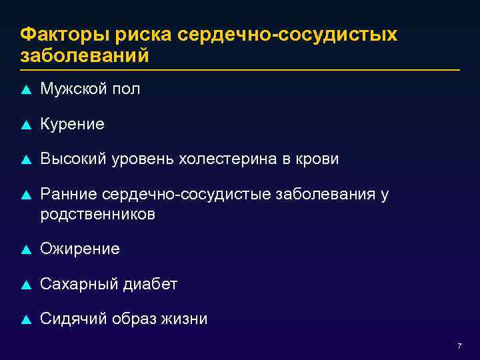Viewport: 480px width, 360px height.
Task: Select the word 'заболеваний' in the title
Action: [x=85, y=55]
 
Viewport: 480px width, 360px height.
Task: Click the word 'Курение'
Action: [x=72, y=124]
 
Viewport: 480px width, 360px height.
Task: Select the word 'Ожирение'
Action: [x=80, y=249]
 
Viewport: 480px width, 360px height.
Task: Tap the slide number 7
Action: [x=459, y=346]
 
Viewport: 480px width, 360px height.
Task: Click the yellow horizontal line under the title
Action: [x=240, y=70]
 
